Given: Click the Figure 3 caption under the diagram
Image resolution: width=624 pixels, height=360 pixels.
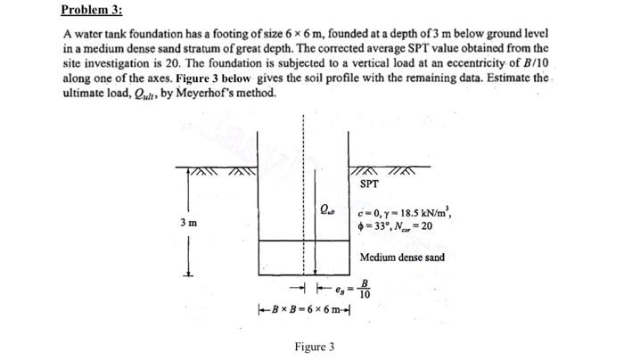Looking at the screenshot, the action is (x=315, y=346).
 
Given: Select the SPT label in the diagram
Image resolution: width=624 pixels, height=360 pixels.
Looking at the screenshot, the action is (x=370, y=184).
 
